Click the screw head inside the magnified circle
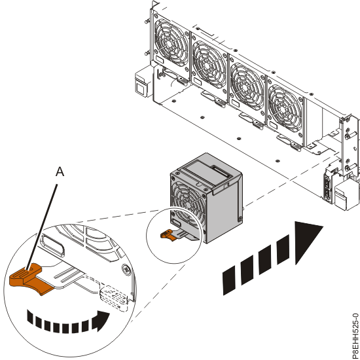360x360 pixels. pyautogui.click(x=124, y=268)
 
